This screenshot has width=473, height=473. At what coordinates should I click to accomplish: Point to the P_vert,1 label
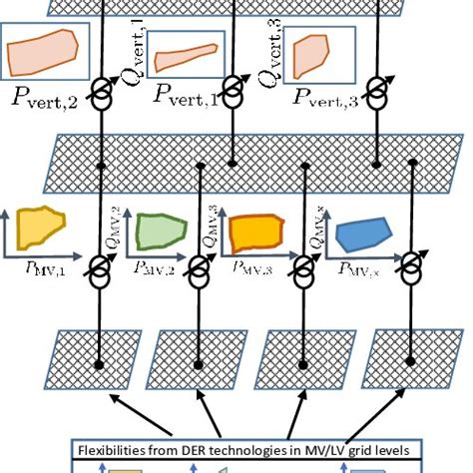coord(189,96)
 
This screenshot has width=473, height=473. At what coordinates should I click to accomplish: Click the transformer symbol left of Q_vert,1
coord(104,87)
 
